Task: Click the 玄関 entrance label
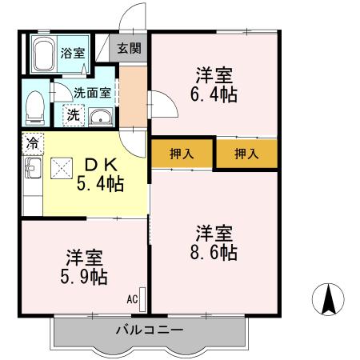130,49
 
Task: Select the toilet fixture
35,108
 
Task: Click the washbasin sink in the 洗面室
100,117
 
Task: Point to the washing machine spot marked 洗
74,115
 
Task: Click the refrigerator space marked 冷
33,144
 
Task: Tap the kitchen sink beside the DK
33,168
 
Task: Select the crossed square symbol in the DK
62,168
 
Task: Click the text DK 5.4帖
100,175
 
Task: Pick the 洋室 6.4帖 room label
214,85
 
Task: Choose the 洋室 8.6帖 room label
214,242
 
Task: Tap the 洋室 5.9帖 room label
84,267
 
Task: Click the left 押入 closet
182,154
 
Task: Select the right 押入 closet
246,154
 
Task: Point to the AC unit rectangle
142,299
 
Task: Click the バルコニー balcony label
150,330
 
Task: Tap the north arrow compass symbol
328,299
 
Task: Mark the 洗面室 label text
92,93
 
